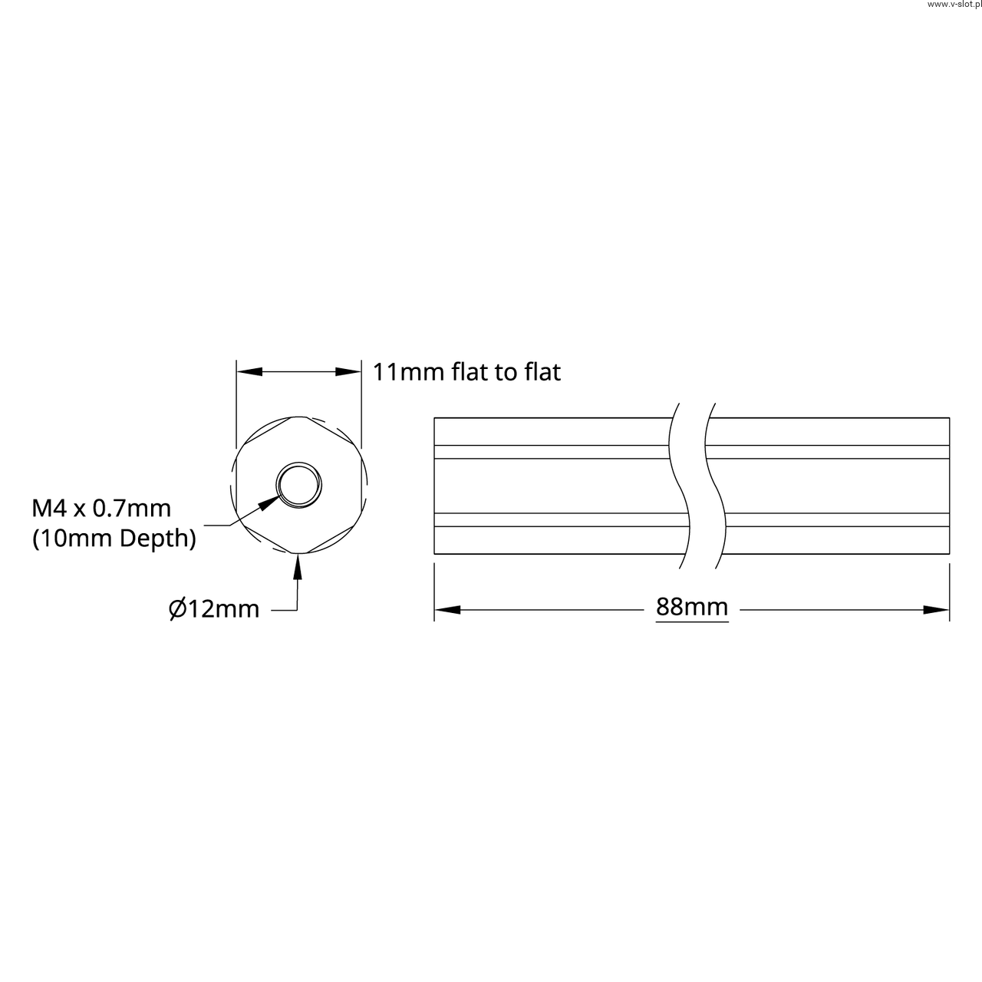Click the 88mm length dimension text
coord(691,607)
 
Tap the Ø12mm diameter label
coord(214,609)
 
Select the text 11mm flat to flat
coord(466,372)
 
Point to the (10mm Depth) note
coord(114,538)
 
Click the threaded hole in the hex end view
coord(299,485)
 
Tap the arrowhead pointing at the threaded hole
coord(269,503)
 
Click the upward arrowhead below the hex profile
coord(298,566)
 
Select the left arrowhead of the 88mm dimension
coord(447,609)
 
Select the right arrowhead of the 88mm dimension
coord(936,609)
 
